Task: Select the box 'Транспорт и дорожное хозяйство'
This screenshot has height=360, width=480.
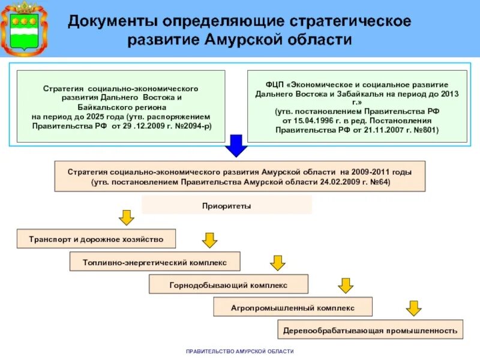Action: click(x=96, y=239)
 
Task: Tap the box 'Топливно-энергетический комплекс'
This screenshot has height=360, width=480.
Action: click(x=155, y=262)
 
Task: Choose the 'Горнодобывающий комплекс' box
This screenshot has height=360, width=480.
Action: click(x=228, y=284)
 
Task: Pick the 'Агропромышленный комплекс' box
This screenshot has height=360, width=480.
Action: click(x=293, y=307)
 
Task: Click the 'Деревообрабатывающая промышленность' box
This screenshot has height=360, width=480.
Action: click(x=371, y=330)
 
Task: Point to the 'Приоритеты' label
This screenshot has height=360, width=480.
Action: click(x=226, y=206)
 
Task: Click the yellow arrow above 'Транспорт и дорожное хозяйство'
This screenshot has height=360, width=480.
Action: click(x=125, y=217)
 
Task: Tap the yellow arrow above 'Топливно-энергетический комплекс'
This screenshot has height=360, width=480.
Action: click(x=209, y=240)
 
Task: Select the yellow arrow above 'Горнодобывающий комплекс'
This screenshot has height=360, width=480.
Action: click(x=277, y=262)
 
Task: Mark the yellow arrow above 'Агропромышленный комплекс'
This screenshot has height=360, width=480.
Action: click(x=345, y=285)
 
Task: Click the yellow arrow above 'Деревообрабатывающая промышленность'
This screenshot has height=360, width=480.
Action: click(x=413, y=308)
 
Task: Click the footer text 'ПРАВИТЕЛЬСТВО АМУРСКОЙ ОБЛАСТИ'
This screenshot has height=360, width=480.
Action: click(x=240, y=352)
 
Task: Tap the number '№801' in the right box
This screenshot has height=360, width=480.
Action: click(x=424, y=129)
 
